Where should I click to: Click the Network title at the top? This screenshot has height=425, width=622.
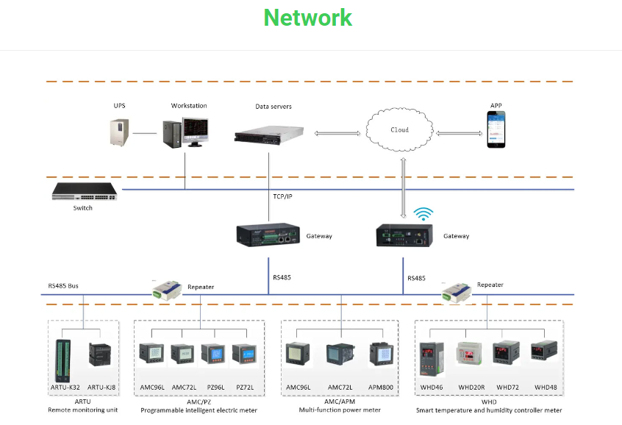[x=308, y=18]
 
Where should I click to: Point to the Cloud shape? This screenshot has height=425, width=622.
[x=399, y=131]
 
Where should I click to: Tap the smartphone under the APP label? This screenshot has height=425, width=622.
[x=497, y=130]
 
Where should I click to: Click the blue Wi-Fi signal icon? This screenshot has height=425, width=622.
[x=423, y=214]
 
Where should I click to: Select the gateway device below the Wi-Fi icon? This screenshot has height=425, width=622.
[x=404, y=235]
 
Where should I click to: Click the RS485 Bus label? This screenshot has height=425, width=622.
[x=63, y=285]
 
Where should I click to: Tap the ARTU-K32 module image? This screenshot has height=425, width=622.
[x=62, y=359]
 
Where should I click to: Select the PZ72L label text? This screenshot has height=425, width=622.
[x=245, y=387]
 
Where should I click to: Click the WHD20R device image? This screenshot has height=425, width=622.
[x=471, y=356]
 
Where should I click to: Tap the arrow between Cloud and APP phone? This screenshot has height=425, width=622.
[x=460, y=134]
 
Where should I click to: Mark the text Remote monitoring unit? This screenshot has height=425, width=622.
[x=83, y=410]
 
